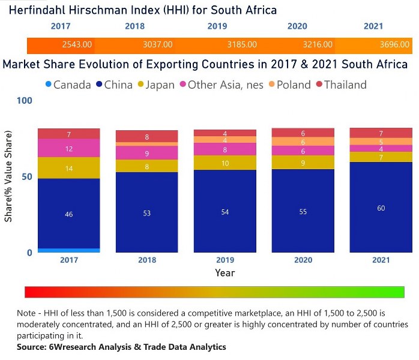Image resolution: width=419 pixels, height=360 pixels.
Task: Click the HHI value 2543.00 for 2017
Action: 77,44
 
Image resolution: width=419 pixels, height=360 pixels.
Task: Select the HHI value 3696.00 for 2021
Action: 394,44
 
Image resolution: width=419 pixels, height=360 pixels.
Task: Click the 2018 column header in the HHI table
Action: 135,26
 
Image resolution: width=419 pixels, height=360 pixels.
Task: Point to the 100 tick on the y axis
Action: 24,101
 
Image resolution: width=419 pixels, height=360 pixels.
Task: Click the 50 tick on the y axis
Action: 26,176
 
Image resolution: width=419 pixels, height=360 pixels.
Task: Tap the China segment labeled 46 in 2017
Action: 69,214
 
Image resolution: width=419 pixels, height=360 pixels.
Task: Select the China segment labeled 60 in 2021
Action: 381,208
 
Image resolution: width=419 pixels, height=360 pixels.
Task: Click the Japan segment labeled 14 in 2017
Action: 69,168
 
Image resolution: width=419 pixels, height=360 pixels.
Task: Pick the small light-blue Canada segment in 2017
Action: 69,250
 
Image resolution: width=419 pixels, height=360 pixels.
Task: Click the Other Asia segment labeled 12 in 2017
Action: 69,148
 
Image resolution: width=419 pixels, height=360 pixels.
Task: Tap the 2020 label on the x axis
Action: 303,260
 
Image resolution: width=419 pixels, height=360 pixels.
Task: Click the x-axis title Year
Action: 225,272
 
